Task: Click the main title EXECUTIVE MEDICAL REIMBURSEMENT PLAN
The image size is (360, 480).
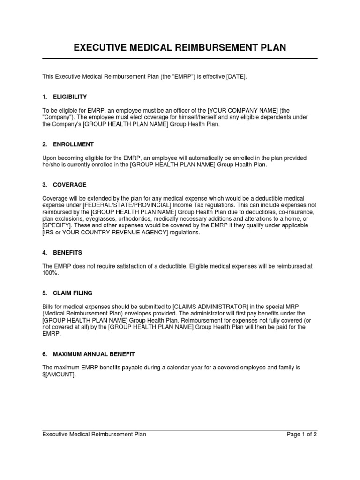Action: (x=180, y=47)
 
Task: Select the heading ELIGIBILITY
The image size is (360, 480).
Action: (x=71, y=97)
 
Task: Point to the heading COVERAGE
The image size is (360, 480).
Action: (x=70, y=185)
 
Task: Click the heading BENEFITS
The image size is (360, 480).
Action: (x=68, y=252)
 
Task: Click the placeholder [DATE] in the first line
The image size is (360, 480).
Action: (x=236, y=76)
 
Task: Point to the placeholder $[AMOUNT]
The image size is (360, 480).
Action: (x=59, y=375)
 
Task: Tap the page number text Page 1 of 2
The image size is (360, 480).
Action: (x=302, y=435)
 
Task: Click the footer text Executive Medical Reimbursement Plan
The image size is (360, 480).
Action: (x=94, y=435)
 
